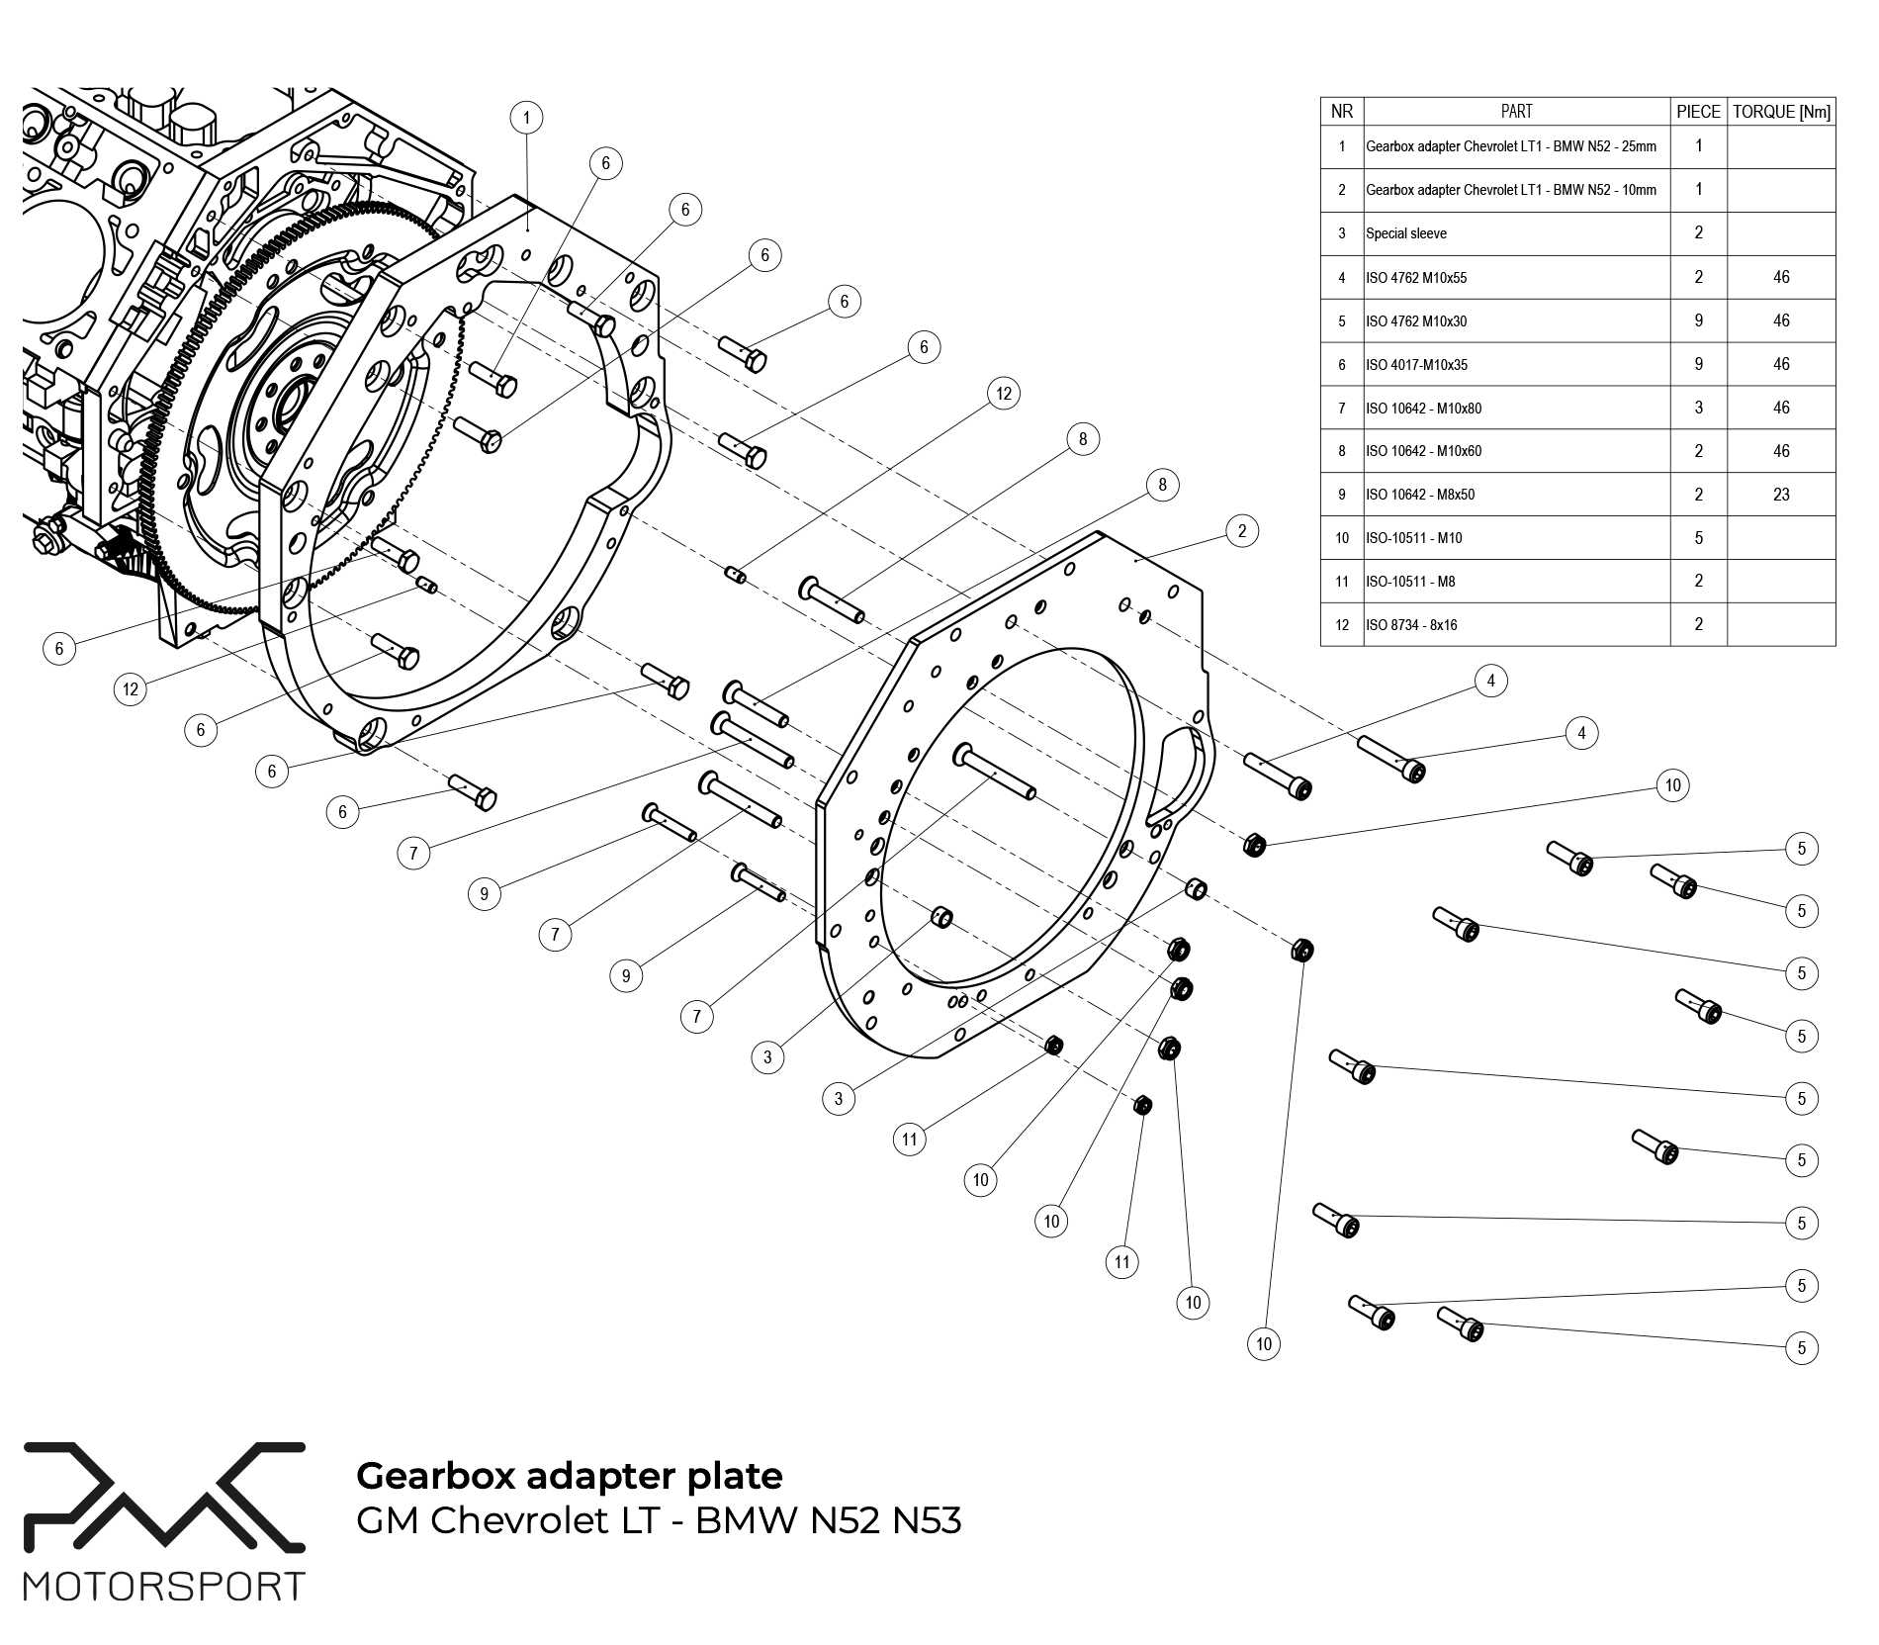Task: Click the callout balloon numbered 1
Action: (526, 118)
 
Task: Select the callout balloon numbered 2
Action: (1242, 530)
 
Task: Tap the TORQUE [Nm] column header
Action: (1781, 112)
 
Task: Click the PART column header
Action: (1516, 112)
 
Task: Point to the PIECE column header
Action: (1698, 112)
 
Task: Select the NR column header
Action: (1341, 112)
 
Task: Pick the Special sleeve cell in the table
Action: (1405, 233)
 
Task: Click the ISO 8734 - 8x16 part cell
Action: (1410, 625)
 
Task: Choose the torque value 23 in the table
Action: (1781, 495)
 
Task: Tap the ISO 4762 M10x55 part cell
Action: (1415, 278)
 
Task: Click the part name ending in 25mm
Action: (1510, 146)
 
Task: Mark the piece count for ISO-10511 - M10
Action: (1698, 538)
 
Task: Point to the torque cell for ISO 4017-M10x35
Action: (1781, 364)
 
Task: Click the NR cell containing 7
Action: (1341, 408)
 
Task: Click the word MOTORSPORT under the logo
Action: (164, 1587)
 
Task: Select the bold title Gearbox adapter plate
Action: (569, 1476)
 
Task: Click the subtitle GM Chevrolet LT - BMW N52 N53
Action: (658, 1520)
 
